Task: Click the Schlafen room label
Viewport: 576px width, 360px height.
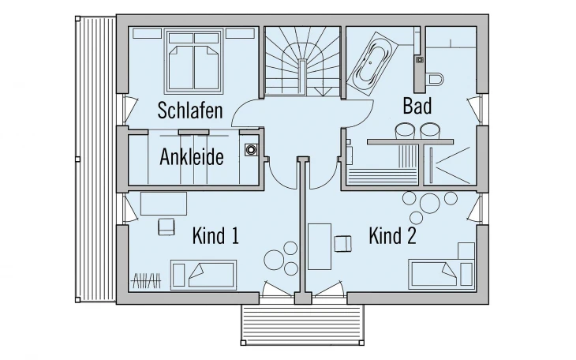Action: [x=189, y=110]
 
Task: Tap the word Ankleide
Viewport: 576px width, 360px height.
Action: [x=192, y=156]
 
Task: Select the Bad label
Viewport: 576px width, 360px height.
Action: [x=417, y=106]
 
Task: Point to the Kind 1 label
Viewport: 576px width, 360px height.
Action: [x=215, y=235]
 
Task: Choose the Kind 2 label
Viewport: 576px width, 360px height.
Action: [x=392, y=235]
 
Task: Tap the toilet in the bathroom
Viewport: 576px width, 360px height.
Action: [x=436, y=77]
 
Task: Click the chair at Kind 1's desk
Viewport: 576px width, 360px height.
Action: [x=166, y=227]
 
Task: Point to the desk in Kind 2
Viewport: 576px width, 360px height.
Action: [x=319, y=247]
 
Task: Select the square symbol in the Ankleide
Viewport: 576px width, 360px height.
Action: [x=252, y=148]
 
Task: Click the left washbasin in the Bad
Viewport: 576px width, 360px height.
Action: [x=405, y=129]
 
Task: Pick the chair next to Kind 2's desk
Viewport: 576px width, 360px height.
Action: [x=342, y=242]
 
